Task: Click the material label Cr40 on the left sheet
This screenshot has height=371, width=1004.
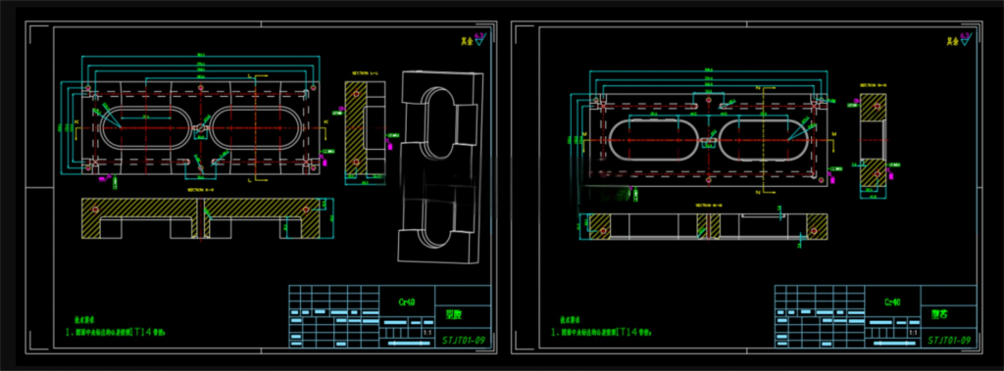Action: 407,302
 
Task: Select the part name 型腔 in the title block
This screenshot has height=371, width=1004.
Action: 454,315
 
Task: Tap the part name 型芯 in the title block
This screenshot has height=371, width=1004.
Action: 939,315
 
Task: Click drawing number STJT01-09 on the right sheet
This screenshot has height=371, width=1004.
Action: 949,340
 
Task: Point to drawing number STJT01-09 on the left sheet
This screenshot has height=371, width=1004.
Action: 464,340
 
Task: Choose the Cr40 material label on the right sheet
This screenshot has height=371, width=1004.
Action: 893,302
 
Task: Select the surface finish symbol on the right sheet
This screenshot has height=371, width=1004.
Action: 966,38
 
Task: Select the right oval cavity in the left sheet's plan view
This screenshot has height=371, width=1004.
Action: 257,127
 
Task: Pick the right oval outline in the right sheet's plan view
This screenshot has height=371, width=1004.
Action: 766,140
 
